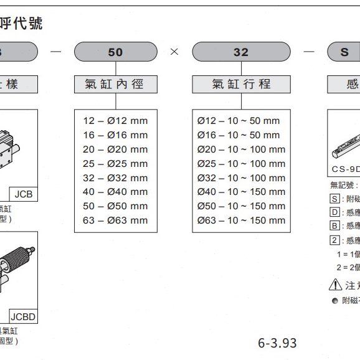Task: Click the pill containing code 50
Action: (x=116, y=52)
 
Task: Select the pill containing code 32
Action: (x=240, y=52)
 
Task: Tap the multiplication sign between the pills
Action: (x=174, y=52)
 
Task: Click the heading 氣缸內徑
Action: (x=116, y=84)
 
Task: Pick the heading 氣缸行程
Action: (x=241, y=84)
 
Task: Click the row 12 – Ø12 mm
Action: (x=115, y=121)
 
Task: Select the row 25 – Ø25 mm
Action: (x=115, y=164)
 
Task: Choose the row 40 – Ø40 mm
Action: (x=115, y=192)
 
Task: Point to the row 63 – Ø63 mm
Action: (x=115, y=220)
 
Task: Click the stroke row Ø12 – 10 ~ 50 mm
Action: (x=239, y=121)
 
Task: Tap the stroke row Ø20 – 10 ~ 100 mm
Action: (x=241, y=149)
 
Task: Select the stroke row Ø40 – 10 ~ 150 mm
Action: (x=241, y=192)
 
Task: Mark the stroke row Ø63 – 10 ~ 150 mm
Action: (x=241, y=220)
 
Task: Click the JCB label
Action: (x=24, y=195)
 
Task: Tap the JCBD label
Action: (x=23, y=317)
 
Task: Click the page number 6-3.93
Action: (x=277, y=343)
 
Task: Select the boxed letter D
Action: (x=334, y=212)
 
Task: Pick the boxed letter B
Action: (x=334, y=226)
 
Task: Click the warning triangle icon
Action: (x=335, y=285)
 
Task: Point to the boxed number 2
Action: (x=334, y=240)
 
